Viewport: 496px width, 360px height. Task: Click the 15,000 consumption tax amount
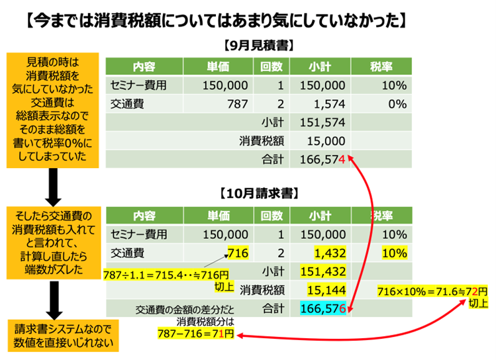point(326,141)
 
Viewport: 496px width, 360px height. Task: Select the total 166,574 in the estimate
point(326,159)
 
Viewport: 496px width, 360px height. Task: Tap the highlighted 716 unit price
point(236,252)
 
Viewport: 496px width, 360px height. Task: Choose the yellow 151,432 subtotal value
point(323,271)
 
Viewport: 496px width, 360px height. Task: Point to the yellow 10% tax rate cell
point(393,252)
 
